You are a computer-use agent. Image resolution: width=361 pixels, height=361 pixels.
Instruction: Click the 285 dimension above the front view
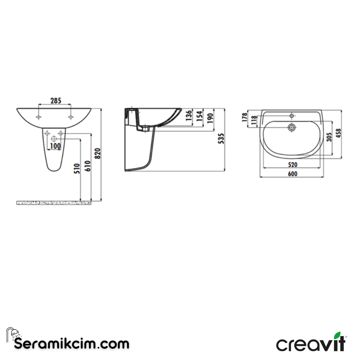(55, 101)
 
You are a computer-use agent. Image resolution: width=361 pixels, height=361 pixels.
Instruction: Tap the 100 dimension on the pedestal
(55, 146)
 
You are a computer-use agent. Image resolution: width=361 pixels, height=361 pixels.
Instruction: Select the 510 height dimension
(77, 169)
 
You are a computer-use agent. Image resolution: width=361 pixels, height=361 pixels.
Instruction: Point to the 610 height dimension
(87, 166)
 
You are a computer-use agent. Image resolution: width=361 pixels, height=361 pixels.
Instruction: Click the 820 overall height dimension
(98, 153)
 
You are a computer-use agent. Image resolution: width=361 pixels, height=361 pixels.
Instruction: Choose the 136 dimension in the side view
(189, 115)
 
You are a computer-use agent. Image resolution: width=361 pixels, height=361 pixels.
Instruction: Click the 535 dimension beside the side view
(221, 138)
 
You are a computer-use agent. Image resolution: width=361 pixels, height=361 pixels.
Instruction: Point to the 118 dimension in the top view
(254, 119)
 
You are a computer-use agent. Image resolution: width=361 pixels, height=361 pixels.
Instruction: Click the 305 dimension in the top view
(329, 137)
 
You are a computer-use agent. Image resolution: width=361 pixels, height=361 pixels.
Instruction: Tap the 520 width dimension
(292, 165)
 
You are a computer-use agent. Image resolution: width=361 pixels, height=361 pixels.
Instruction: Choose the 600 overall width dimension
(292, 174)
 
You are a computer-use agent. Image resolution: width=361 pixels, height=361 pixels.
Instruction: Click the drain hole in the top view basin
(292, 127)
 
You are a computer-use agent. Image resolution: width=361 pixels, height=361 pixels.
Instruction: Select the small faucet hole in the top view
(292, 116)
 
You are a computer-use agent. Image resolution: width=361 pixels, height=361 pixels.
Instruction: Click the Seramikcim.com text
(72, 343)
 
